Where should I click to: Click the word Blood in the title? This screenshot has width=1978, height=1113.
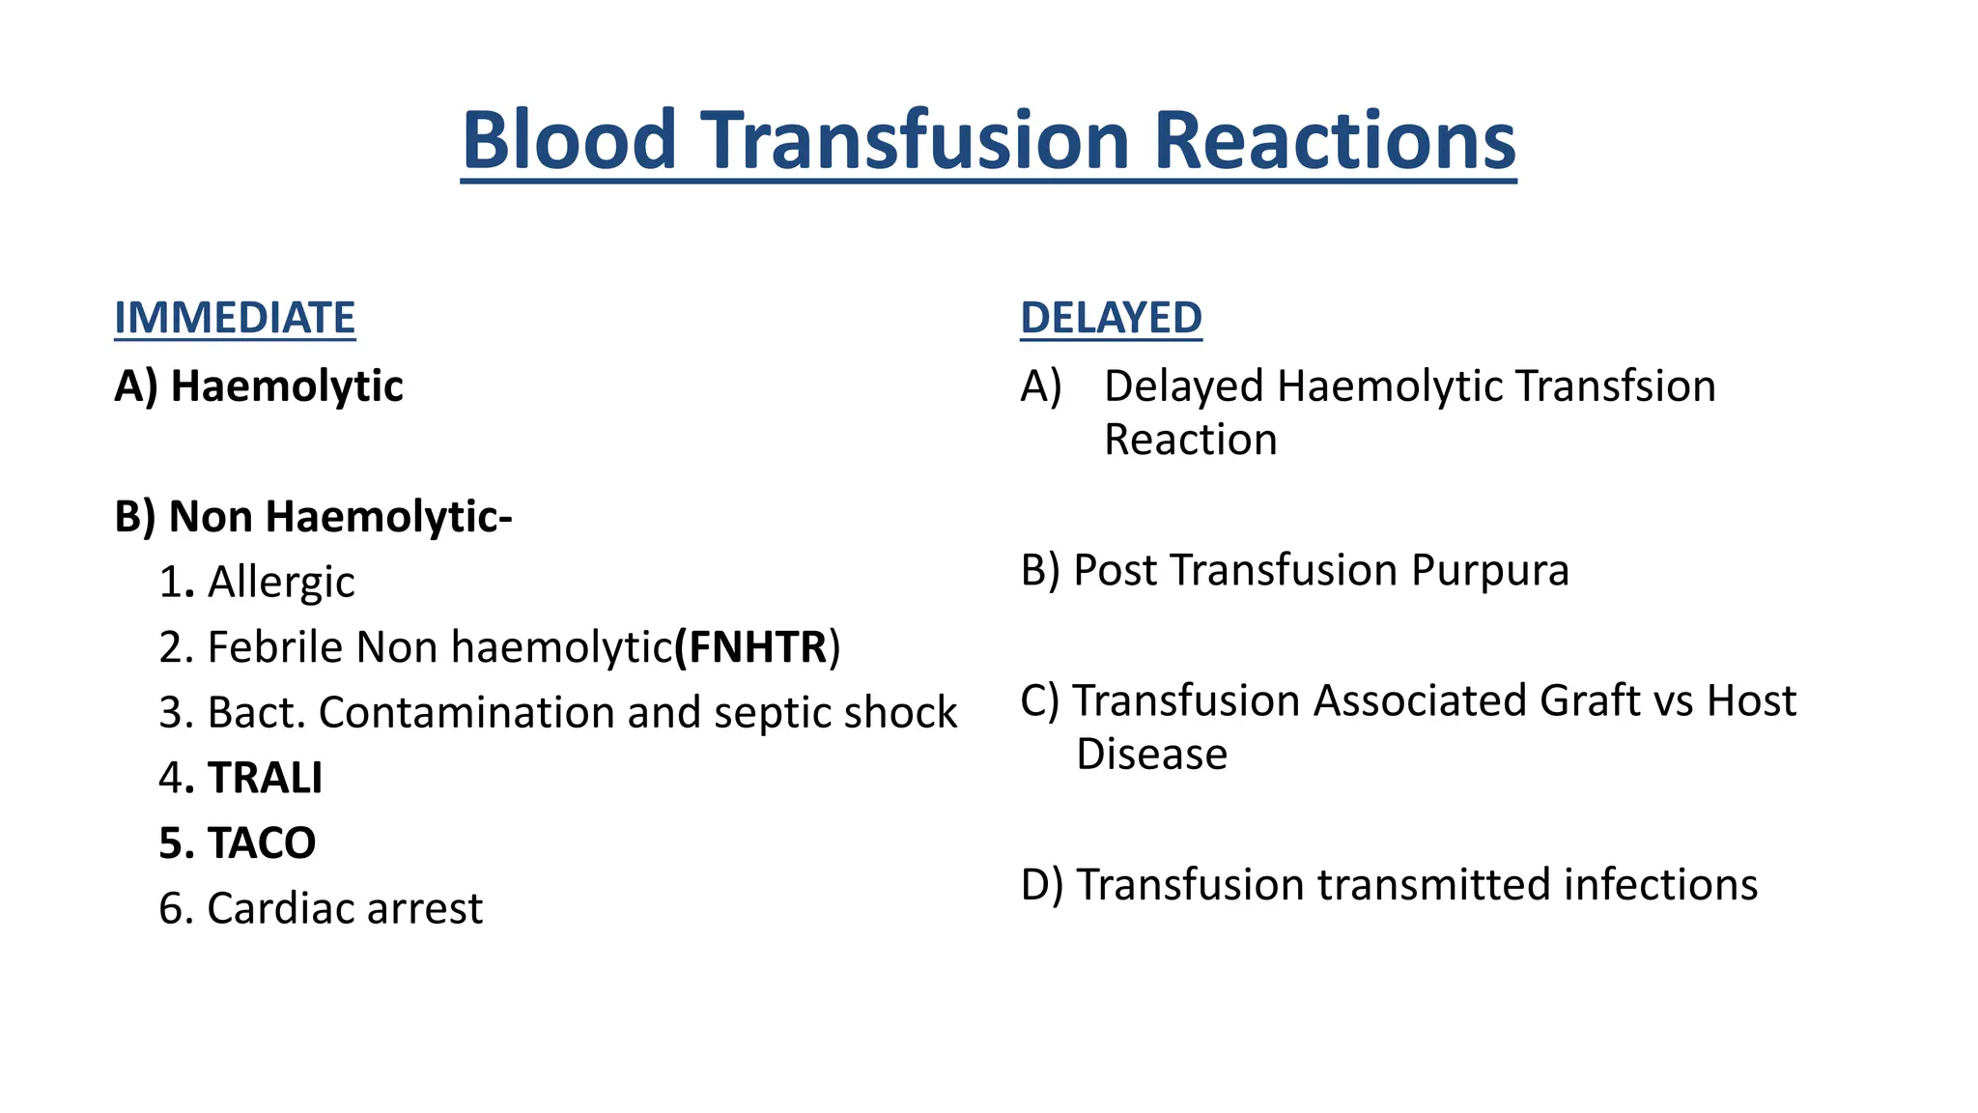(x=569, y=140)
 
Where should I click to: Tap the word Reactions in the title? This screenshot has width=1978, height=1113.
(x=1334, y=140)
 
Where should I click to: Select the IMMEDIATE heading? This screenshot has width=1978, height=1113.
(x=235, y=318)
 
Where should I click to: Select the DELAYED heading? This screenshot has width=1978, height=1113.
(x=1111, y=318)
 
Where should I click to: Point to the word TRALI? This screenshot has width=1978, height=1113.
(x=265, y=778)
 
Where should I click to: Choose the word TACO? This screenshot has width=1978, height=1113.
(x=261, y=843)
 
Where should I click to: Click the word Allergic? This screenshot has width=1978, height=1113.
(x=281, y=583)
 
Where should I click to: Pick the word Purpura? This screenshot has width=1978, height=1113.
(x=1489, y=570)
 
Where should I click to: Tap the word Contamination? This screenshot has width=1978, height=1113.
(x=466, y=713)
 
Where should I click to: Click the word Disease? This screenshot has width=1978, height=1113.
(x=1151, y=755)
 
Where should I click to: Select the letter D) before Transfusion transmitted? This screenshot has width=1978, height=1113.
(x=1041, y=885)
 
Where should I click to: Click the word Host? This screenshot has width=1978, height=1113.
(x=1751, y=700)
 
